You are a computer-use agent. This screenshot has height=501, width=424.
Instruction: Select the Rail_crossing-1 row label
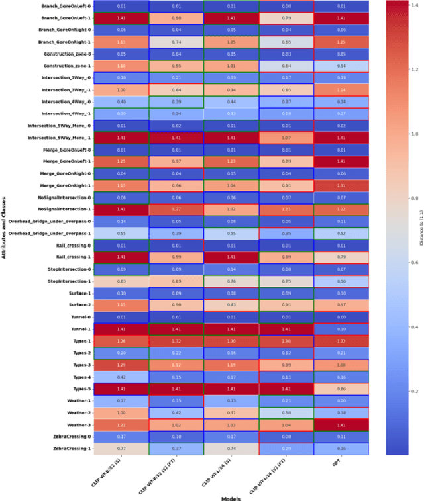(x=75, y=257)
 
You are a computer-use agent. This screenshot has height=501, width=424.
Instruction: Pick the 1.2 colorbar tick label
(x=399, y=69)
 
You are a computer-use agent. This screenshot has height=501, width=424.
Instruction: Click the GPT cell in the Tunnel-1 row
(x=340, y=329)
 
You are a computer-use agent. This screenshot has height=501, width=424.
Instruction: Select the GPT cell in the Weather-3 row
(x=340, y=425)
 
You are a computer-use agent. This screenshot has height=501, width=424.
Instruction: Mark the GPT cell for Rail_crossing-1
(x=340, y=257)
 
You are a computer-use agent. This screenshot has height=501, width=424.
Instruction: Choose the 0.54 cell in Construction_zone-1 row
(x=340, y=66)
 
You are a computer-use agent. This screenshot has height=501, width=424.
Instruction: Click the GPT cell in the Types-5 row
(x=340, y=389)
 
